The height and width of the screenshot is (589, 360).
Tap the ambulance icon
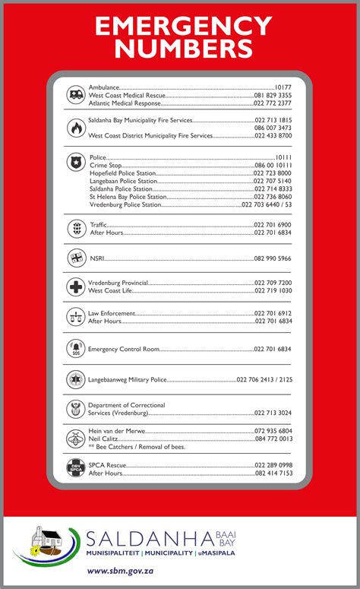[x=75, y=95]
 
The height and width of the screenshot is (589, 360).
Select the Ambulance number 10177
[x=283, y=87]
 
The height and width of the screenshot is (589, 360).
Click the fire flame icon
[x=75, y=128]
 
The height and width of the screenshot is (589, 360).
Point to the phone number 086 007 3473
[x=273, y=128]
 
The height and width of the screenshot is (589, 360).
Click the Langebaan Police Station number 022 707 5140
[x=273, y=182]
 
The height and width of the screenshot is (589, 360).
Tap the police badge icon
[x=75, y=160]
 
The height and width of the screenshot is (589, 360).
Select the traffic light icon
[x=75, y=228]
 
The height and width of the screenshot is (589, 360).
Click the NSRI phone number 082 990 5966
[x=273, y=258]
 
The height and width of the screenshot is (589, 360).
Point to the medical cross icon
[x=75, y=287]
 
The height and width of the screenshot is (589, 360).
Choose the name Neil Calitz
[x=103, y=439]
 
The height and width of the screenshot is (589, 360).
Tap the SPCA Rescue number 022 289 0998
[x=273, y=464]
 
